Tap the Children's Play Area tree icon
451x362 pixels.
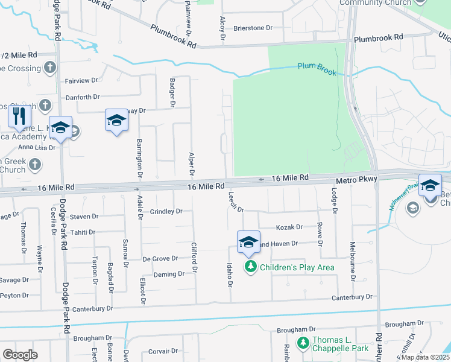(x=250, y=266)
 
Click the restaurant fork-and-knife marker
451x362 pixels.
(x=19, y=115)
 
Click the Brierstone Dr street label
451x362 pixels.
(x=253, y=28)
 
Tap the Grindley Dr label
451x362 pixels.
(x=166, y=212)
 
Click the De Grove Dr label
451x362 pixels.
(x=160, y=258)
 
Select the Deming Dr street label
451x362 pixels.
(x=169, y=274)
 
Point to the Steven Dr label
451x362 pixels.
(x=84, y=217)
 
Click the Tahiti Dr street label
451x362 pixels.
(x=83, y=232)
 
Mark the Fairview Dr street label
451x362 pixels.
(x=81, y=80)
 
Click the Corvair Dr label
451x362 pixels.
(x=164, y=351)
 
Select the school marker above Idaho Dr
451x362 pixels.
(x=248, y=242)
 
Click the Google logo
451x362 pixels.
(x=20, y=354)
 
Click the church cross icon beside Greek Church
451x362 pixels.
(x=36, y=164)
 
